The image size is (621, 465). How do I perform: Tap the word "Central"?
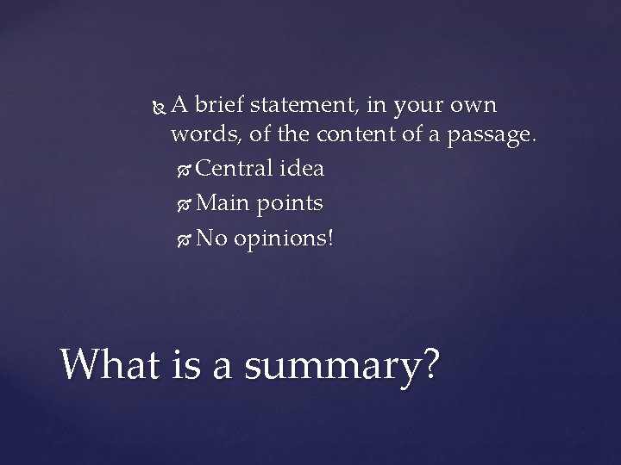click(x=234, y=168)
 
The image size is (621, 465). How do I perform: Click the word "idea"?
click(x=301, y=168)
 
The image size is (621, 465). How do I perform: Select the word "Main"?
click(x=222, y=202)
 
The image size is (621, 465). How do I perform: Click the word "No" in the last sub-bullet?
click(x=210, y=237)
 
